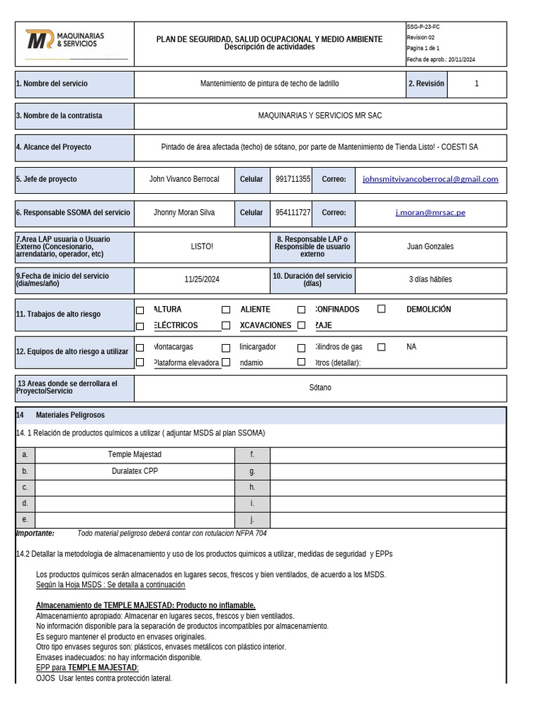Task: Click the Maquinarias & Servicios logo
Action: (65, 40)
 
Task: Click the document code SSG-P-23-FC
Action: (423, 27)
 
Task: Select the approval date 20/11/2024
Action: (462, 60)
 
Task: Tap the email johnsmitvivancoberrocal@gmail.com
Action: (430, 179)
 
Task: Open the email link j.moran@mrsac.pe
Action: (430, 213)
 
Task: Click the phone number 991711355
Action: (293, 180)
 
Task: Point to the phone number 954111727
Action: (293, 213)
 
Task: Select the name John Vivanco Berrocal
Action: (184, 180)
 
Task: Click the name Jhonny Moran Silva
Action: (184, 213)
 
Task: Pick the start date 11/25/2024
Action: (202, 279)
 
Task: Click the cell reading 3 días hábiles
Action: (430, 279)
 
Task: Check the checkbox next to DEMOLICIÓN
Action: (382, 309)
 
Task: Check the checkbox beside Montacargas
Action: (140, 348)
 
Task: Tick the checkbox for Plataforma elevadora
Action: (140, 363)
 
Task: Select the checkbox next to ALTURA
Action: (140, 310)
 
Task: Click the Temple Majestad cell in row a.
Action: (135, 455)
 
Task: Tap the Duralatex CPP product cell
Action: (135, 471)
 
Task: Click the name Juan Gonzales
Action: (430, 246)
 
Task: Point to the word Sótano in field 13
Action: (320, 388)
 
